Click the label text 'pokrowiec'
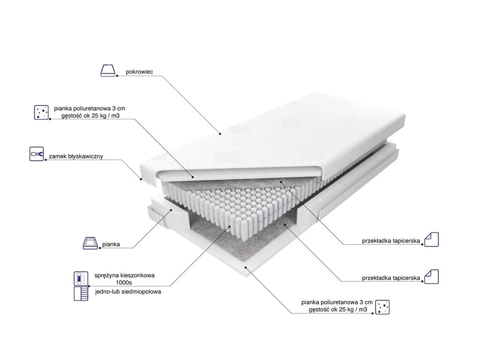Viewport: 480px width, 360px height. coord(139,72)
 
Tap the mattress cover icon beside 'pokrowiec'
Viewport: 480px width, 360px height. coord(108,70)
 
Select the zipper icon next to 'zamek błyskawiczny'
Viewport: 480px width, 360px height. coord(37,154)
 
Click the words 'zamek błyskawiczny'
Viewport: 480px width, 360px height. coord(76,156)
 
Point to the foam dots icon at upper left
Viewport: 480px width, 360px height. coord(41,112)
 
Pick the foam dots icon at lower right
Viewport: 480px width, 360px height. coord(382,307)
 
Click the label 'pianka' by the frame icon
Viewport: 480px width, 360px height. coord(111,244)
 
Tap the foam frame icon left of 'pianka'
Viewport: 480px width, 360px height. coord(90,243)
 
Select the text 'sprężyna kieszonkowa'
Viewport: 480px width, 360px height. coord(124,275)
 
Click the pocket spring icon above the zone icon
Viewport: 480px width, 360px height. coord(81,278)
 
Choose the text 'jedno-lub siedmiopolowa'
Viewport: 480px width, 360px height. coord(128,292)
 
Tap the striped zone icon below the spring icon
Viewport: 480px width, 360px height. coord(81,293)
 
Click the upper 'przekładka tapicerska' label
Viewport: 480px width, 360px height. coord(391,241)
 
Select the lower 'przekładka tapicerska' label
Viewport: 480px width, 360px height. coord(391,278)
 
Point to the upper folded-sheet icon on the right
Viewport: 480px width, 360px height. coord(431,240)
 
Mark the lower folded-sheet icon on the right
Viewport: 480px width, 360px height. coord(431,277)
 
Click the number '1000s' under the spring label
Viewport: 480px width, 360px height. coord(124,283)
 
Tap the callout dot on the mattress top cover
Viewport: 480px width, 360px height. coord(220,134)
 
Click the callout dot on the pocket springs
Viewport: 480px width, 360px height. coord(230,226)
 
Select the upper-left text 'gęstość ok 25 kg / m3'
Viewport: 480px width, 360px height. coord(90,116)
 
